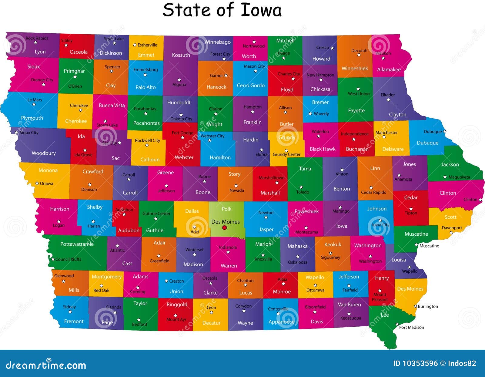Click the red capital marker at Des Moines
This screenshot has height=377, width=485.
(225, 227)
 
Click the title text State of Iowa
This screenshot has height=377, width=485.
(222, 10)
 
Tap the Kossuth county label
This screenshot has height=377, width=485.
(181, 55)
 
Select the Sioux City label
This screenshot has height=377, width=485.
(29, 133)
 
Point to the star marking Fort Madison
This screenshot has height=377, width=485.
(397, 324)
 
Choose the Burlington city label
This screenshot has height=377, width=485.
(428, 306)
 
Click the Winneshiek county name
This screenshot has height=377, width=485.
(355, 68)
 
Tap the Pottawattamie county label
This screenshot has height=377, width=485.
(77, 244)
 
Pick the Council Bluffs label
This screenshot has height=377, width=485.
(68, 259)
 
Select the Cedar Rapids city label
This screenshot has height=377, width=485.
(373, 192)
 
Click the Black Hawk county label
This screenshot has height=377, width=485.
(323, 149)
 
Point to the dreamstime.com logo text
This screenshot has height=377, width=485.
(46, 365)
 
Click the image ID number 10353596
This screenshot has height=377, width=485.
(420, 363)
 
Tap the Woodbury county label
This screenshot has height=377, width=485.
(44, 153)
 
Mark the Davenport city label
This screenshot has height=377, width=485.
(452, 228)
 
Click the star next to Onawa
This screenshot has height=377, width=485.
(37, 183)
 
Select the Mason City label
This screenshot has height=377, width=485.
(254, 66)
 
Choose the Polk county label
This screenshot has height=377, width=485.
(226, 209)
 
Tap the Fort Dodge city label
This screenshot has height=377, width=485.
(182, 133)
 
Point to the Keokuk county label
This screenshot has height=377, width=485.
(333, 244)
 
